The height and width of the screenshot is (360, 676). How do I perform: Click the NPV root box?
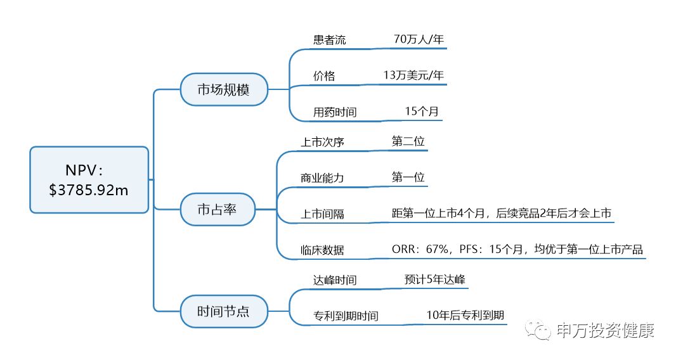89,179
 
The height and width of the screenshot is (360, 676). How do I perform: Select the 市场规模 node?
223,89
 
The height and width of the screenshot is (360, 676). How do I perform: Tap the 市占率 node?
217,209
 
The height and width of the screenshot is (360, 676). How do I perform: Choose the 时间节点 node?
223,311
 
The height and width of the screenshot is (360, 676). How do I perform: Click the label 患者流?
329,40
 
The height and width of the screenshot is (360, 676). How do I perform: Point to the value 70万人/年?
419,39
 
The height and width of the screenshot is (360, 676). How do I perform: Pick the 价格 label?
324,76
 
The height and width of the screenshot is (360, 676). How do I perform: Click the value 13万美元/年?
413,75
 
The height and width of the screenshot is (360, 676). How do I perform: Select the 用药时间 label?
335,112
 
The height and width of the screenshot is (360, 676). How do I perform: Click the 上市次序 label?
322,142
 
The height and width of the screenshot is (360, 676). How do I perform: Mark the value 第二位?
408,141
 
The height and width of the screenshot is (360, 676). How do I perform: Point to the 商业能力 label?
322,178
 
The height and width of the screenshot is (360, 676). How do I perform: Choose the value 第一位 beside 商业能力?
408,177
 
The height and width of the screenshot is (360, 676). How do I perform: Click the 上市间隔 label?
322,214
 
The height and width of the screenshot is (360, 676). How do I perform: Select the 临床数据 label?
322,250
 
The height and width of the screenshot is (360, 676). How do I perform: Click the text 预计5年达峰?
436,280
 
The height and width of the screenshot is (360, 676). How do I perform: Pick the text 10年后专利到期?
465,315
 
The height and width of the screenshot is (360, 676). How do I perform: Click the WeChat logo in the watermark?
541,331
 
